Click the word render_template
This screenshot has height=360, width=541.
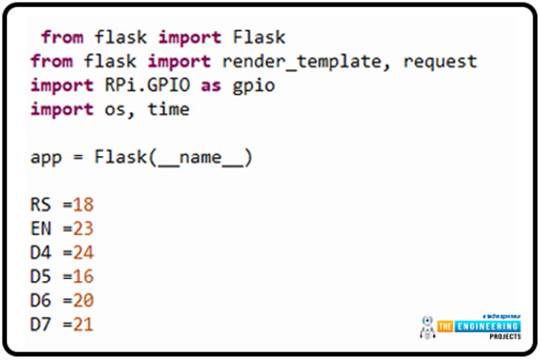[306, 62]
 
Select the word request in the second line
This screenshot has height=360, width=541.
[440, 62]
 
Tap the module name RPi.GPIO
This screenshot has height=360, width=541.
[141, 86]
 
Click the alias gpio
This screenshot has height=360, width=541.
[254, 86]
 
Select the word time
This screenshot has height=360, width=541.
[168, 109]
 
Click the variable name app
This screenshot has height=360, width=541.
[46, 157]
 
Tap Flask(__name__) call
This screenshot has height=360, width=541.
[173, 157]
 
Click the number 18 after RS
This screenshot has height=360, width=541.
[83, 205]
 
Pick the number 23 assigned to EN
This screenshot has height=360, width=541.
[83, 229]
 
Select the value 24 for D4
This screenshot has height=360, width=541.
[83, 253]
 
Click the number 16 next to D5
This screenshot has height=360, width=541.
[83, 277]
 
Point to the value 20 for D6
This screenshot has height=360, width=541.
[83, 300]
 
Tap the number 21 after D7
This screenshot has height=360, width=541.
[83, 324]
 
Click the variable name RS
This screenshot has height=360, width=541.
[41, 205]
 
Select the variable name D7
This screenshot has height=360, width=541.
[41, 324]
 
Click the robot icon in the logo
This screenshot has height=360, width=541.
[427, 327]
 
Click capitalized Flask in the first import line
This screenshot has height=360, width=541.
[259, 37]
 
